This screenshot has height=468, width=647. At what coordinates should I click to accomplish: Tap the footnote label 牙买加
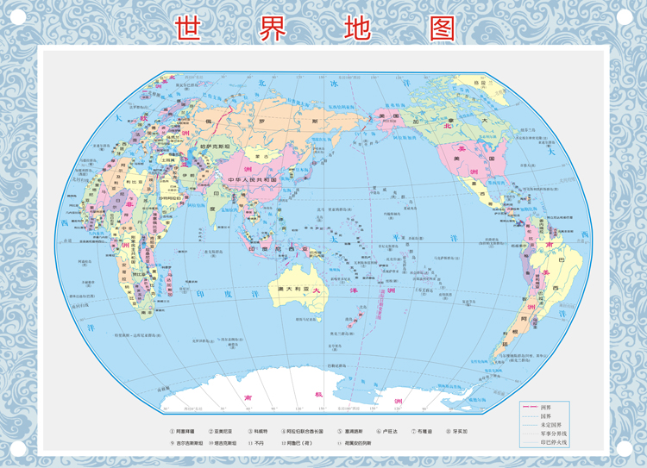point(462,431)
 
